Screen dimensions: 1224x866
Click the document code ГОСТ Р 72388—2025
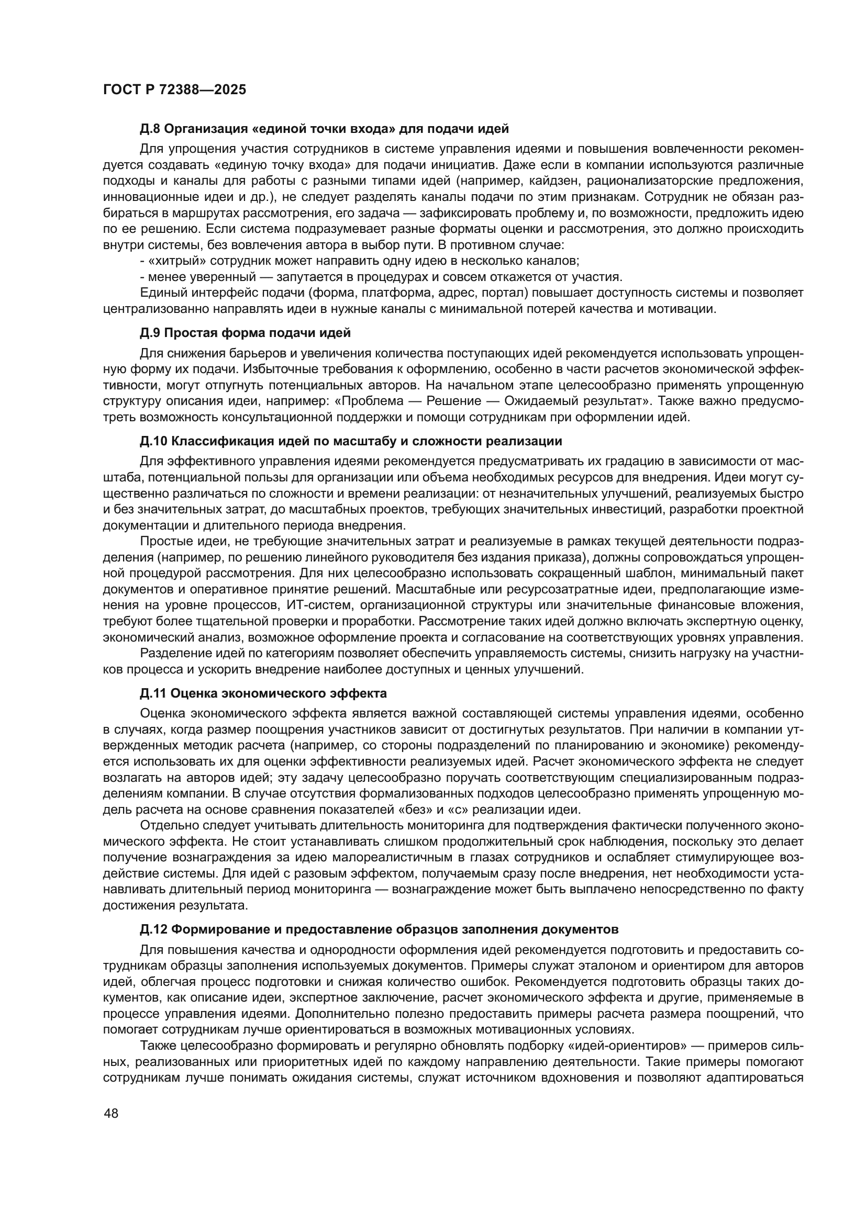pos(174,89)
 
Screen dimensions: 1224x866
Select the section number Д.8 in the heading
pos(150,129)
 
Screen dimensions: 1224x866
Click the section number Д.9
pos(150,333)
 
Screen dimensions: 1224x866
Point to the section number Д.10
pos(153,442)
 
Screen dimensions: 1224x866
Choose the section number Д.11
pos(153,693)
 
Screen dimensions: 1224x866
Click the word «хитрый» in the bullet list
pos(173,261)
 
